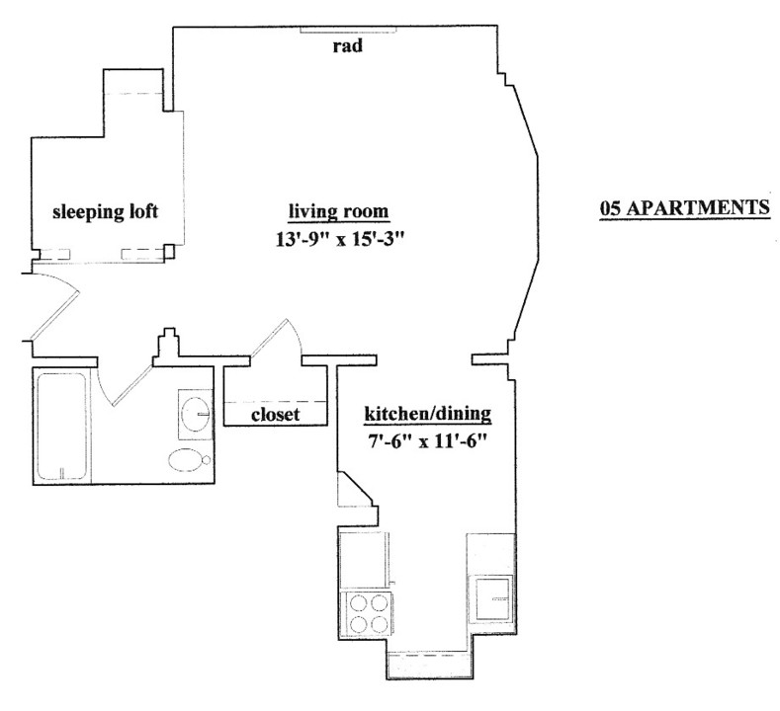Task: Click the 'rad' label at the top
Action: [348, 45]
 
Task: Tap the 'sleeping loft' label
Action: [106, 211]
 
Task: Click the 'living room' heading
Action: [339, 211]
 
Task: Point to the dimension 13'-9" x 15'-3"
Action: [339, 240]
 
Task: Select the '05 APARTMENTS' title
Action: [684, 207]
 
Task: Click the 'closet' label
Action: [275, 414]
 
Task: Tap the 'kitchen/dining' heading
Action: [428, 414]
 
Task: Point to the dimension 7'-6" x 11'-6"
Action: [426, 441]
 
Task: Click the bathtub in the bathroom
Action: [62, 426]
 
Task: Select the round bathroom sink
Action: [196, 414]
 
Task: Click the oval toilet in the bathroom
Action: [189, 460]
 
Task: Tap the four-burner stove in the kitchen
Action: [366, 614]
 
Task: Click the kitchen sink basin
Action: [493, 598]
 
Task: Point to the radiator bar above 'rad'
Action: [348, 30]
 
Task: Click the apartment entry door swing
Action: [53, 304]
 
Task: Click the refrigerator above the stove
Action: [364, 560]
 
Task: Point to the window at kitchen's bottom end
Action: [429, 665]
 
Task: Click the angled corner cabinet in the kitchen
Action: [356, 490]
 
